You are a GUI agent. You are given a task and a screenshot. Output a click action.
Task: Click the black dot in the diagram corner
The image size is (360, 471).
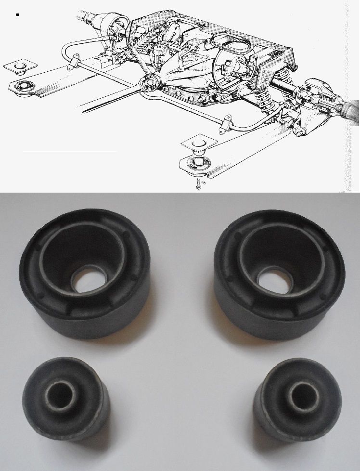click(17, 15)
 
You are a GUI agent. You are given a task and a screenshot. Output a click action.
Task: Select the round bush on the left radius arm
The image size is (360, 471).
click(23, 87)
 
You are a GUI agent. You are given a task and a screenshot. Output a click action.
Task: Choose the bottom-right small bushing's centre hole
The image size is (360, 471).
click(298, 395)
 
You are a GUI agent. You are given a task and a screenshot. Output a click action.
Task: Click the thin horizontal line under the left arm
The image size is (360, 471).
click(70, 151)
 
